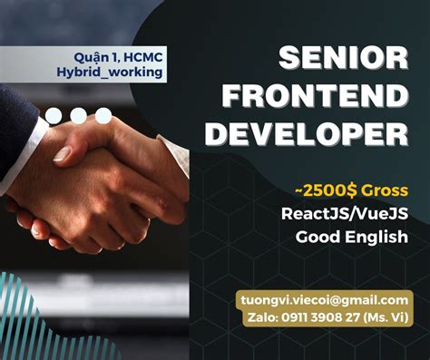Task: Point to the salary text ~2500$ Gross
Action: pyautogui.click(x=350, y=190)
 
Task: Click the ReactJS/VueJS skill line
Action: pyautogui.click(x=351, y=214)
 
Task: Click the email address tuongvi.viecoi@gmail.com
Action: pyautogui.click(x=324, y=299)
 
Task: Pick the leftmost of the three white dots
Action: pyautogui.click(x=56, y=116)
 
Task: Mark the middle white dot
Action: pyautogui.click(x=80, y=116)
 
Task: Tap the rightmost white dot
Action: pyautogui.click(x=104, y=116)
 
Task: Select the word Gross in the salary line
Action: pyautogui.click(x=382, y=190)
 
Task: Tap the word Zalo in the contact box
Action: pyautogui.click(x=261, y=317)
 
